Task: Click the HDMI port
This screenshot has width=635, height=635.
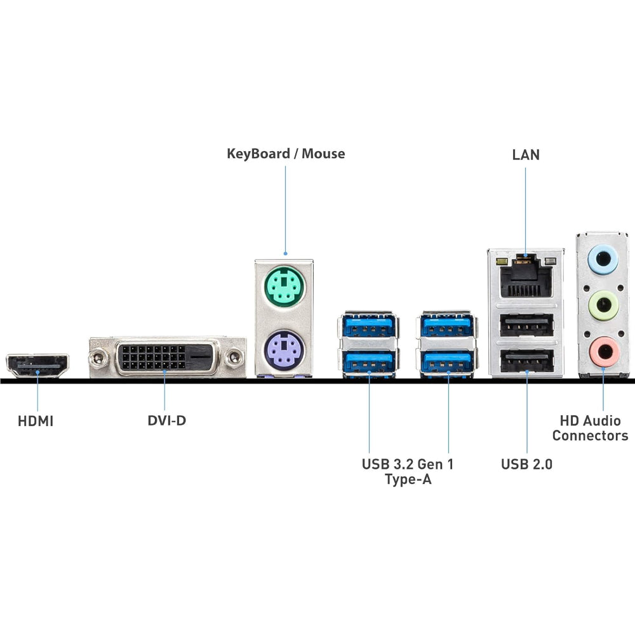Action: coord(37,365)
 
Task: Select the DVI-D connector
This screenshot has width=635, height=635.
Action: coord(167,358)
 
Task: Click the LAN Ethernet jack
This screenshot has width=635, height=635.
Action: coord(526,277)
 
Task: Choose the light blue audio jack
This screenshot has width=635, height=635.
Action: coord(603,259)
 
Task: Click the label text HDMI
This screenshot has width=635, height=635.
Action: coord(36,421)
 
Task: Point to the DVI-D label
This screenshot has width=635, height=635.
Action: coord(166,420)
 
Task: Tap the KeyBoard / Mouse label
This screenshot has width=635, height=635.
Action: coord(286,154)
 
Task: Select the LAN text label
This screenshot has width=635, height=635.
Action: coord(526,154)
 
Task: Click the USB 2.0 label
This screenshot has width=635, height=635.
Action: coord(526,464)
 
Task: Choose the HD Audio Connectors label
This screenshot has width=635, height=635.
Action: coord(590,428)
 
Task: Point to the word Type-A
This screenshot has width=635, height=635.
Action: coord(408,479)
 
